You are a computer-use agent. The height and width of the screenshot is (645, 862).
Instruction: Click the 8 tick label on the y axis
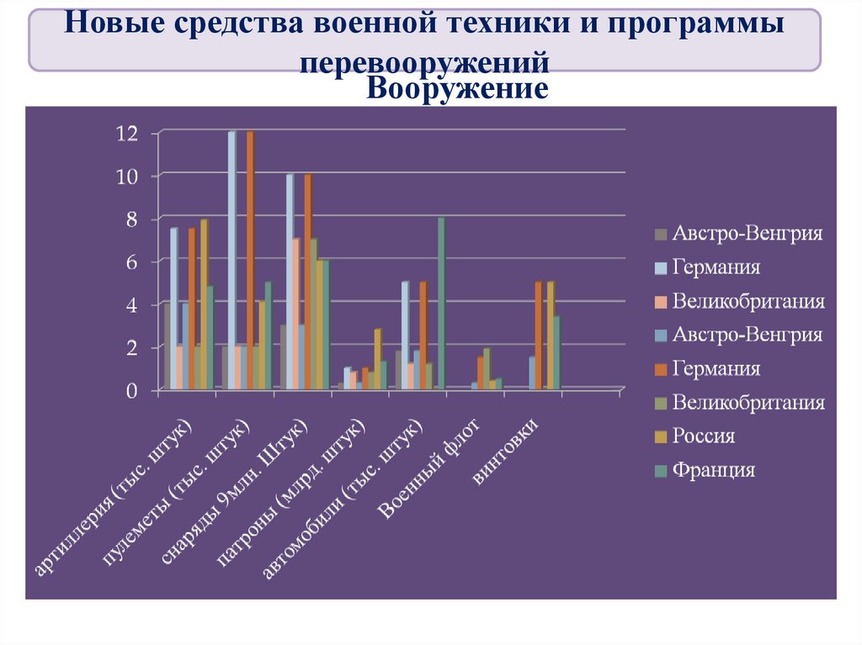pos(131,219)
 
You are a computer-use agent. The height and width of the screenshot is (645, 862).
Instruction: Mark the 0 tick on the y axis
pos(131,390)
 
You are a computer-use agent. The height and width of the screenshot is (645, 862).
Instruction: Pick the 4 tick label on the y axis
pos(131,304)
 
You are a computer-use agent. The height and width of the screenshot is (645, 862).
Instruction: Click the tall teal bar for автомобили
pos(440,304)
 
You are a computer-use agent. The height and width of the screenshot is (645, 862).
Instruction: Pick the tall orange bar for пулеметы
pos(250,261)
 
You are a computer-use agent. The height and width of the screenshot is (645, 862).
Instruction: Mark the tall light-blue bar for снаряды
pos(290,282)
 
